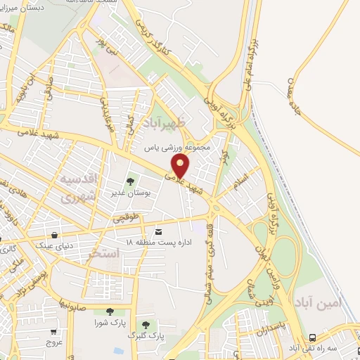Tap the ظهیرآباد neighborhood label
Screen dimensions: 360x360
click(166, 124)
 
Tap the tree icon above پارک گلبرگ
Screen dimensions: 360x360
click(146, 324)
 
